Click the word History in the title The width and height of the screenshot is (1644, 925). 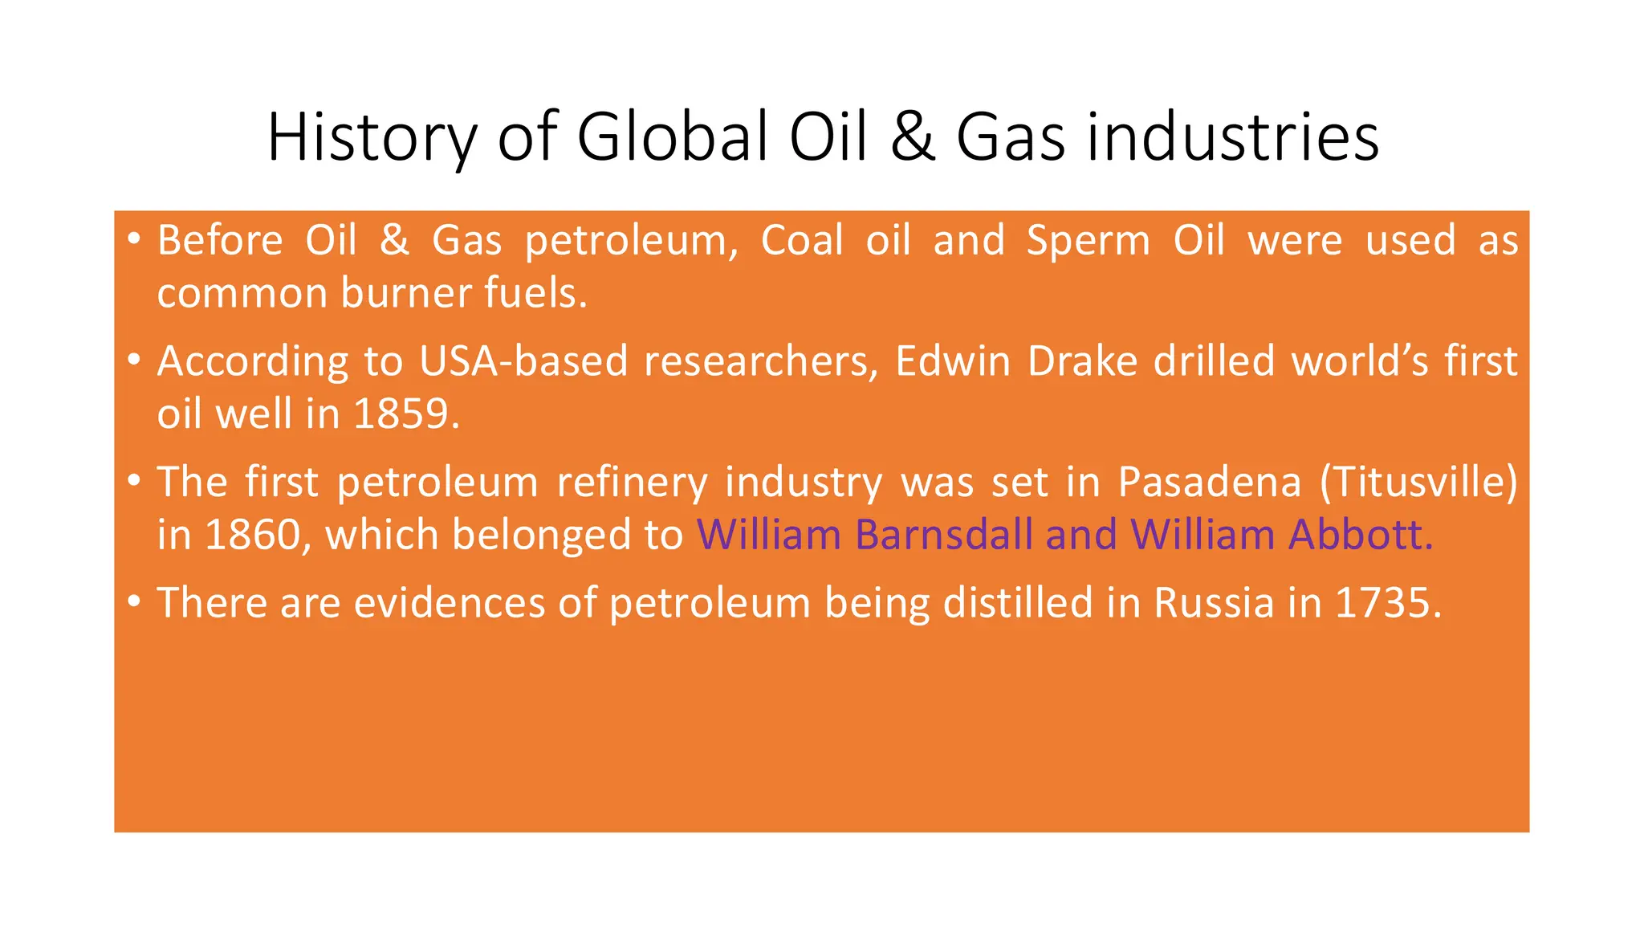pyautogui.click(x=372, y=138)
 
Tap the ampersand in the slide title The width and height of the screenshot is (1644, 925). pyautogui.click(x=912, y=138)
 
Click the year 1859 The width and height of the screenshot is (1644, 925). pyautogui.click(x=405, y=414)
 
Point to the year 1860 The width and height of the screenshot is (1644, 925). pyautogui.click(x=252, y=535)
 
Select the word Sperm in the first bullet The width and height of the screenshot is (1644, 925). pyautogui.click(x=1089, y=241)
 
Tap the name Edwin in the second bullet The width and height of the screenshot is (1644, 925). pyautogui.click(x=952, y=361)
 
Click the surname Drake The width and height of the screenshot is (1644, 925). pyautogui.click(x=1082, y=361)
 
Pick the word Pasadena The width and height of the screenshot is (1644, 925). pyautogui.click(x=1209, y=483)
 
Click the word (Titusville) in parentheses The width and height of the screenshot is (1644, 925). pyautogui.click(x=1419, y=483)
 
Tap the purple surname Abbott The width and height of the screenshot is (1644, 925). pyautogui.click(x=1360, y=535)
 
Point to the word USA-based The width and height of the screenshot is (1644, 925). pyautogui.click(x=523, y=361)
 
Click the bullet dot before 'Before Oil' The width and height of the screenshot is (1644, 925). pyautogui.click(x=134, y=238)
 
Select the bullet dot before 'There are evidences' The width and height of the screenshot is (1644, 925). pyautogui.click(x=134, y=601)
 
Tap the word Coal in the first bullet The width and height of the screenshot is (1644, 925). pyautogui.click(x=802, y=241)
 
